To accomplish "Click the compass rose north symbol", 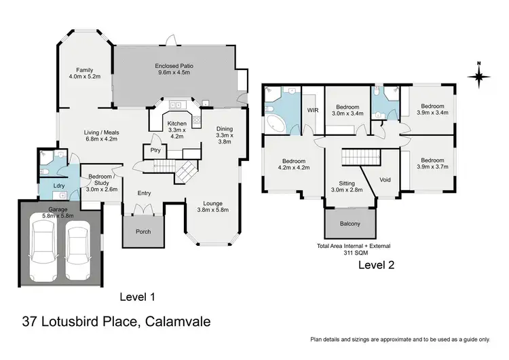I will [479, 75].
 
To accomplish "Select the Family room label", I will [84, 73].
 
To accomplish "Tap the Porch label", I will [143, 232].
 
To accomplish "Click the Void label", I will [385, 180].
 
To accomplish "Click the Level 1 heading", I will [137, 296].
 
